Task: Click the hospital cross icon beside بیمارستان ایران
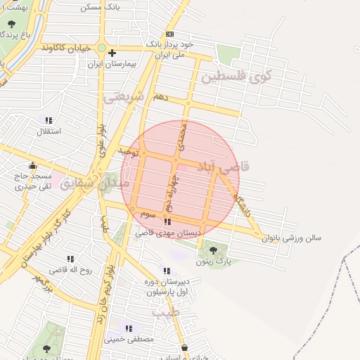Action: [112, 53]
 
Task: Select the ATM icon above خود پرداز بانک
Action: [169, 34]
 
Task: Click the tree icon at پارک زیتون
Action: [213, 250]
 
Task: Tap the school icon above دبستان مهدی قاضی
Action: [167, 222]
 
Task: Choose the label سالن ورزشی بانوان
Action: [291, 238]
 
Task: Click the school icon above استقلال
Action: [49, 120]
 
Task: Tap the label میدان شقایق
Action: [95, 184]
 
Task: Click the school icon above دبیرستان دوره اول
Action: [167, 271]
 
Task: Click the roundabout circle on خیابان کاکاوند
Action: [101, 48]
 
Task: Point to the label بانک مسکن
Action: [100, 6]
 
